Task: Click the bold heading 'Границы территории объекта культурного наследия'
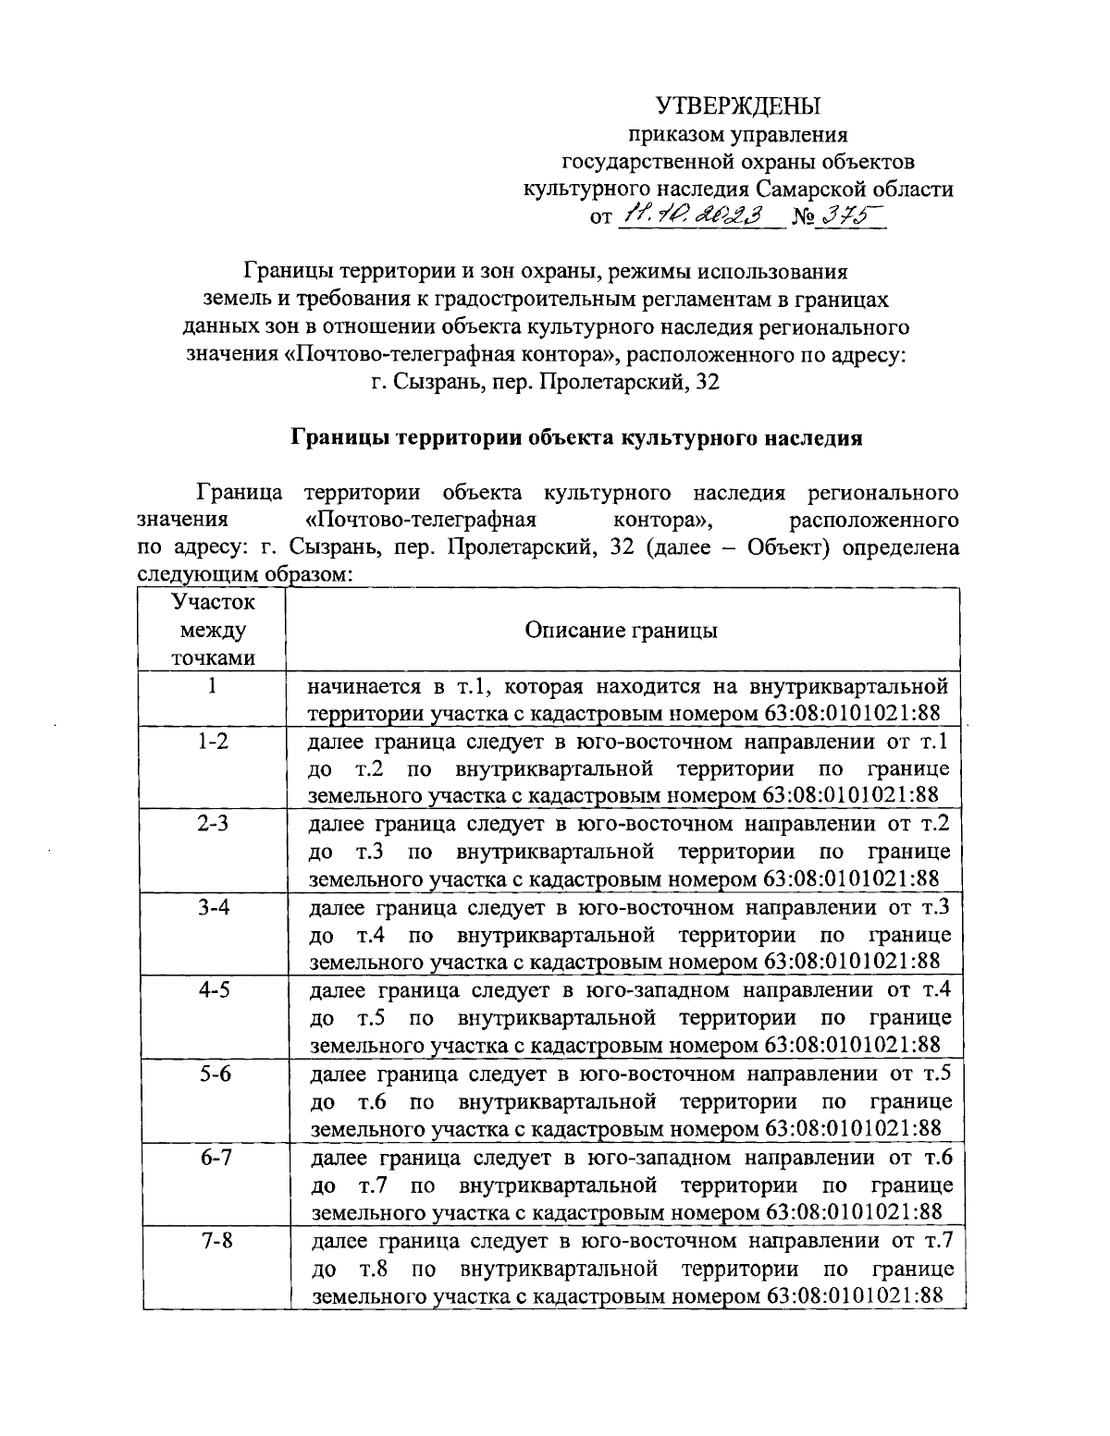pyautogui.click(x=577, y=437)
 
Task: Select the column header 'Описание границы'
pyautogui.click(x=621, y=631)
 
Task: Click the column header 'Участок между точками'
pyautogui.click(x=213, y=631)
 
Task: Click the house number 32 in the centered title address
pyautogui.click(x=705, y=382)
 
